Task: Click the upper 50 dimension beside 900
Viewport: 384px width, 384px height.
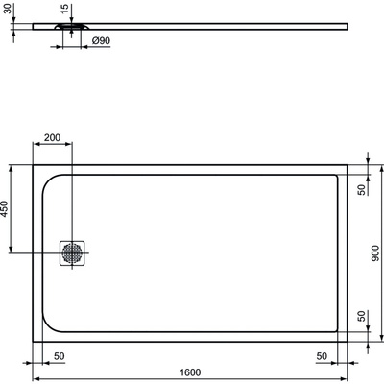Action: (x=362, y=188)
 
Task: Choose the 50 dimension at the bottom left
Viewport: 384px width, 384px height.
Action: (x=59, y=355)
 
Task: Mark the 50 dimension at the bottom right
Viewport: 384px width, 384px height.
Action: (x=321, y=355)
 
